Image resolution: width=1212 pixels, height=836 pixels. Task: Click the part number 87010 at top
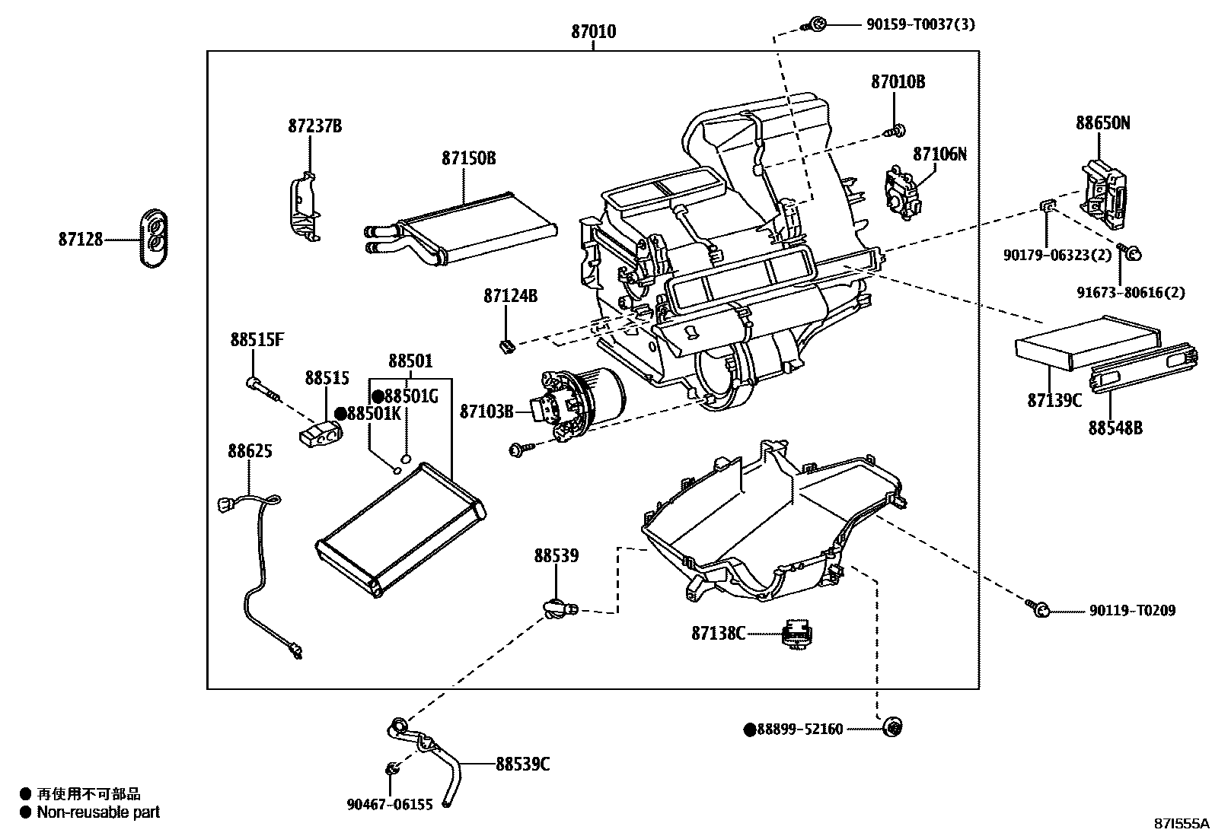593,32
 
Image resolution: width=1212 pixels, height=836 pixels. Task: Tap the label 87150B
468,158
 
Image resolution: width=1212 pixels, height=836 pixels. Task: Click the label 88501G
411,396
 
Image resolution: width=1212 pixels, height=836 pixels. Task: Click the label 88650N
1102,122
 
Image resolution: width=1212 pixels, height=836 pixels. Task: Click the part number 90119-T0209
1131,611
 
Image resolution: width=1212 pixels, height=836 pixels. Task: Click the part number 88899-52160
799,730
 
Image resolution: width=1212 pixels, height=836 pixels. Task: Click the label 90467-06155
389,804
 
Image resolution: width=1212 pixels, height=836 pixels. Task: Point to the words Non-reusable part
98,812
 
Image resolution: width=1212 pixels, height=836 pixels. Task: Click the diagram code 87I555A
1179,824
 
